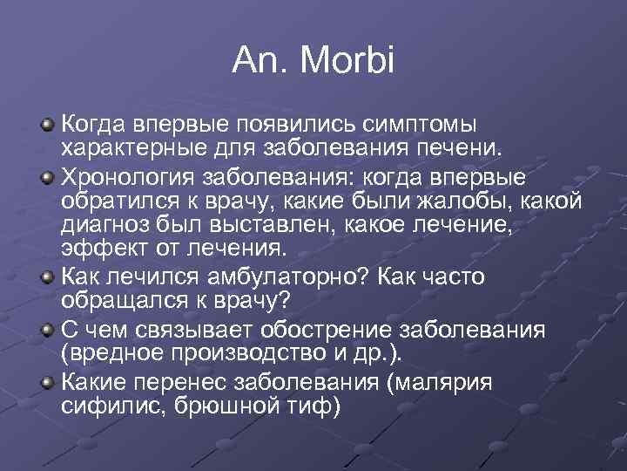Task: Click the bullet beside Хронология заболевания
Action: click(x=48, y=178)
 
